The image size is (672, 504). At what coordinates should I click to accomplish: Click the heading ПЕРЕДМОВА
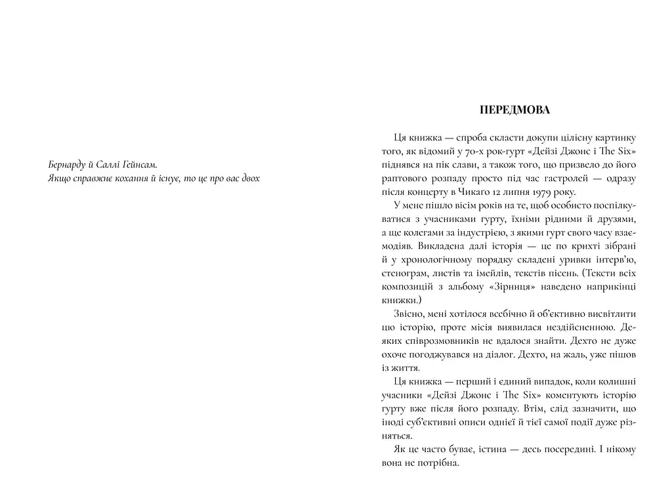(514, 110)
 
